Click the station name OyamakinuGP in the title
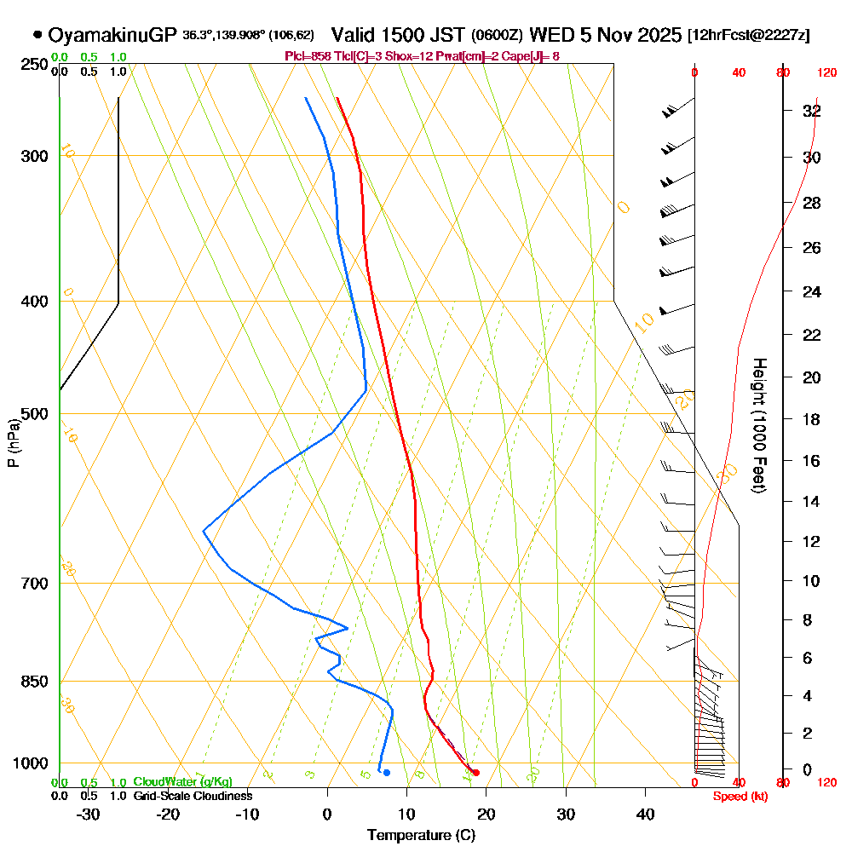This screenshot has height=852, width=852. pyautogui.click(x=112, y=35)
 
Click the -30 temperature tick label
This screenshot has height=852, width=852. pyautogui.click(x=89, y=813)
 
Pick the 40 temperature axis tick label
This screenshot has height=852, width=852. pyautogui.click(x=645, y=813)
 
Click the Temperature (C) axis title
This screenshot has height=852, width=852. pyautogui.click(x=421, y=835)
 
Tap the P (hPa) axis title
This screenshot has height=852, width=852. pyautogui.click(x=13, y=442)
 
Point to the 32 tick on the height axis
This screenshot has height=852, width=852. pyautogui.click(x=812, y=111)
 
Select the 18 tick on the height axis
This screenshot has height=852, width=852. pyautogui.click(x=812, y=419)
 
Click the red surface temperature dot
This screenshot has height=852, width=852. pyautogui.click(x=475, y=773)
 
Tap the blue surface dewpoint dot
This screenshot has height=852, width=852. pyautogui.click(x=387, y=773)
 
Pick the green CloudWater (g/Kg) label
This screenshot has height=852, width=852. pyautogui.click(x=181, y=782)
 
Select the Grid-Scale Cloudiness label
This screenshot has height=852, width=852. pyautogui.click(x=192, y=796)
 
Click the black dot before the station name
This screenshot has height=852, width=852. pyautogui.click(x=37, y=35)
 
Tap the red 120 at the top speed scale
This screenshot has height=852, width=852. pyautogui.click(x=826, y=73)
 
